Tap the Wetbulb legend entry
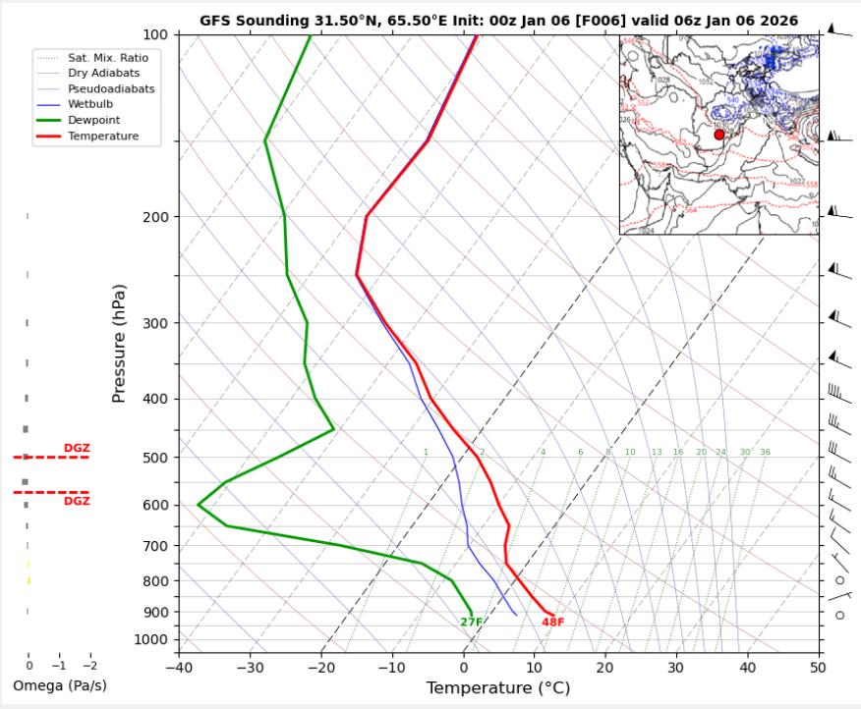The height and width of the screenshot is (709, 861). pos(89,104)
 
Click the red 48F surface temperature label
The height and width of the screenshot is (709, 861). pos(552,622)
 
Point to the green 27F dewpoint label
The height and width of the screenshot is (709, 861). pos(471,622)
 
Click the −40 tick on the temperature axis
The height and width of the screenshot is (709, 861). pos(179,668)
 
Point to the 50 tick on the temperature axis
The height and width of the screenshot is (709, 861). pos(818,668)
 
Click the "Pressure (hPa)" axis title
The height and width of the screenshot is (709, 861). pos(120,343)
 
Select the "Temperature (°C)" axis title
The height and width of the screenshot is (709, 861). pos(498,688)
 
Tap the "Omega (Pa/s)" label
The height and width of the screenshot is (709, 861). pos(59,684)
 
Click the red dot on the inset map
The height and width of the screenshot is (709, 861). pos(718,134)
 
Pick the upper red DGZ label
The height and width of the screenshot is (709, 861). pos(77,448)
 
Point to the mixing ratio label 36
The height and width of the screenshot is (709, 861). pos(765,453)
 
